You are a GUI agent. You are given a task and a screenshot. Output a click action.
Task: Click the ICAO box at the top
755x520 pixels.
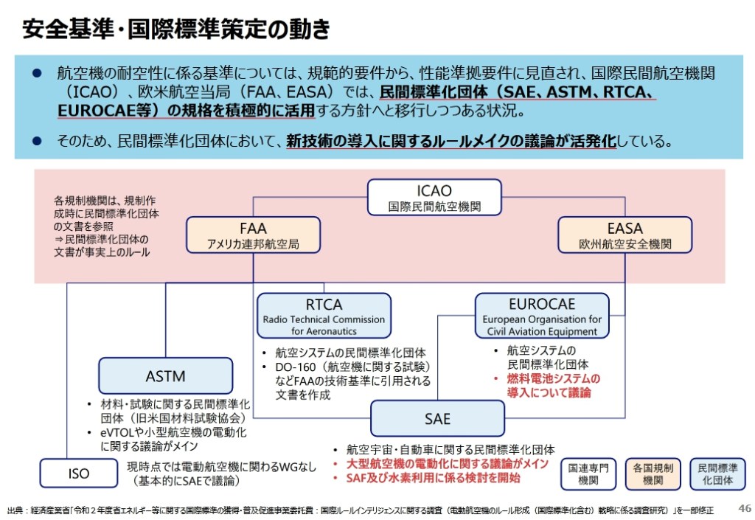point(434,198)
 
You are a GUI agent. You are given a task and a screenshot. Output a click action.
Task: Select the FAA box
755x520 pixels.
point(253,235)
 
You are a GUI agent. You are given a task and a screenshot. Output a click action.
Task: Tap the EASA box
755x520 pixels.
point(624,235)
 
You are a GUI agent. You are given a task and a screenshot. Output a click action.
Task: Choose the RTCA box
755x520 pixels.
point(324,315)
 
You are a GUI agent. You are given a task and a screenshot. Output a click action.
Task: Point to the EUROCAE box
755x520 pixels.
point(542,315)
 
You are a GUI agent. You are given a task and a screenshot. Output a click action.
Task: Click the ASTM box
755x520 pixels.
point(165,375)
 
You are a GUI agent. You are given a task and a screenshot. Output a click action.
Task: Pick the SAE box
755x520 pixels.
point(437,418)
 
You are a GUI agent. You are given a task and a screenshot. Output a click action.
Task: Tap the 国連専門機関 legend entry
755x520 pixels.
point(582,474)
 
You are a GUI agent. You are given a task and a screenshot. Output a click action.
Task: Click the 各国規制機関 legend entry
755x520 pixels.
point(653,474)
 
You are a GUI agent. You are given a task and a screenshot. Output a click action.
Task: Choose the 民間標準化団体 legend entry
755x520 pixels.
point(717,474)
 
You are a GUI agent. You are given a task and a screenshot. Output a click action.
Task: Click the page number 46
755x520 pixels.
point(745,507)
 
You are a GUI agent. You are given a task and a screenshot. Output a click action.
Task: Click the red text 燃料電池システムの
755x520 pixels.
point(553,378)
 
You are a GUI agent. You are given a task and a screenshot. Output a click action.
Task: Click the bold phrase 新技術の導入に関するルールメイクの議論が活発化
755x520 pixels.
point(451,140)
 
